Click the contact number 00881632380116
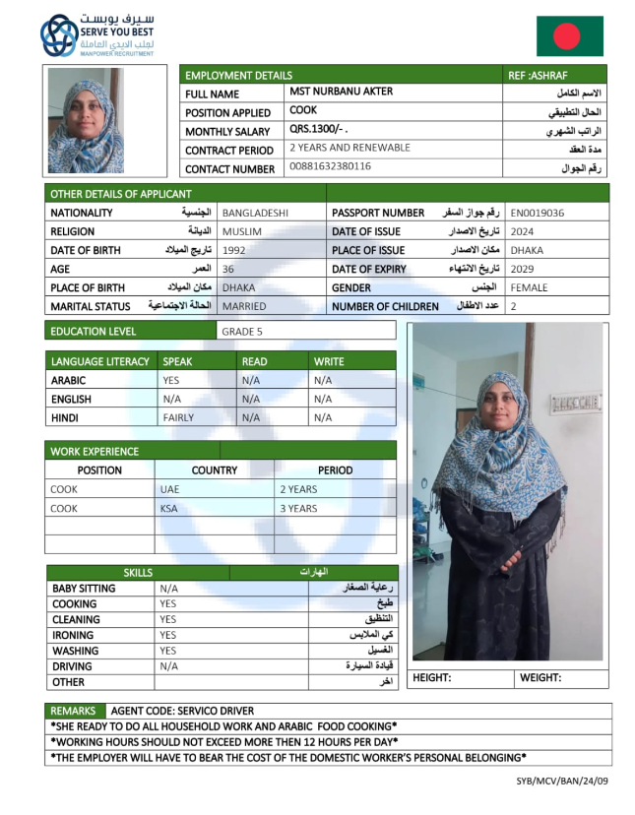330,166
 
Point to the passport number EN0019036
538,213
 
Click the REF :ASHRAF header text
539,75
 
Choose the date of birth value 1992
234,250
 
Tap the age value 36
228,269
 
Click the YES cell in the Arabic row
171,380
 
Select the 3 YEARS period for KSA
298,509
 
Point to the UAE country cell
169,489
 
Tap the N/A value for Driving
168,666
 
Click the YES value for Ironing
168,635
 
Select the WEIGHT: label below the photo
540,678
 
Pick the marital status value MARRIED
244,306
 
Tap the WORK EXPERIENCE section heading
95,452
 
